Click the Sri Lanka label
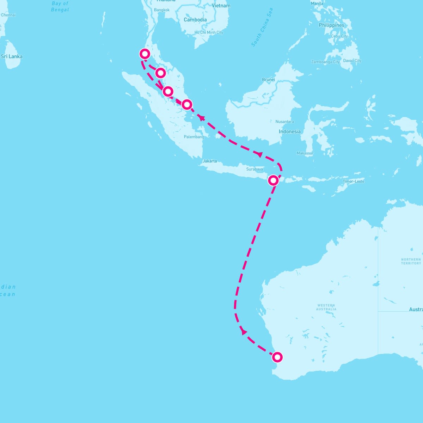(x=12, y=56)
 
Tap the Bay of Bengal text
(x=60, y=7)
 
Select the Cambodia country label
(x=195, y=20)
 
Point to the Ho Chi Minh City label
(x=209, y=32)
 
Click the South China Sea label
(x=262, y=27)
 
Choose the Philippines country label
(x=331, y=25)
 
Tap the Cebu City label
(x=339, y=36)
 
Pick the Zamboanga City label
(x=325, y=62)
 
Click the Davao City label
(x=352, y=61)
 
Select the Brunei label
(x=268, y=80)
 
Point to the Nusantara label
(x=284, y=122)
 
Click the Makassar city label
(x=305, y=153)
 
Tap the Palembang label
(x=194, y=137)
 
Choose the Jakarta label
(x=210, y=161)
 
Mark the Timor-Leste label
(x=353, y=181)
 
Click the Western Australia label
(x=326, y=307)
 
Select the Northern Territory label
(x=411, y=261)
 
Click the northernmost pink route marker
(x=145, y=54)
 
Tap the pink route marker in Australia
(x=277, y=357)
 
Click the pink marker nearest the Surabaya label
(x=273, y=180)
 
